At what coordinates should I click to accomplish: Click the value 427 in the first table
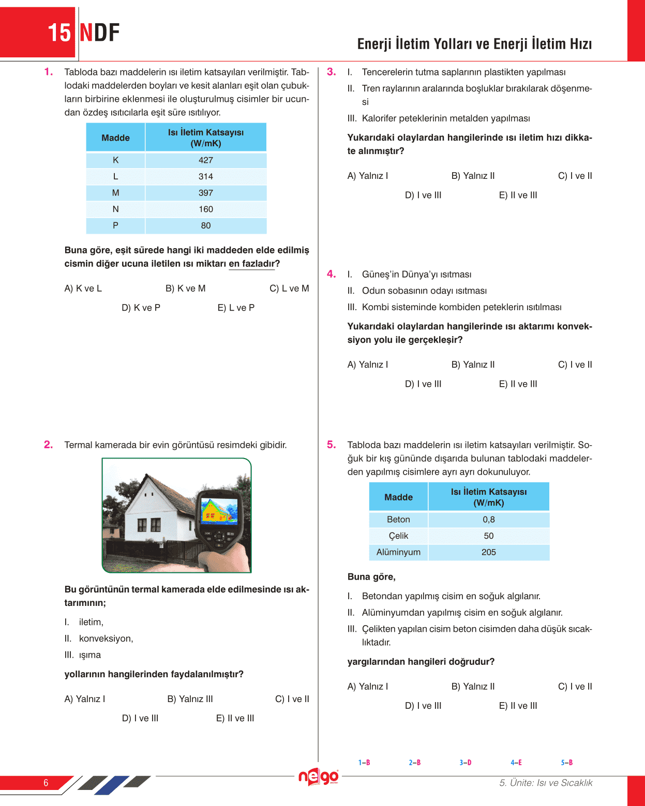pos(206,160)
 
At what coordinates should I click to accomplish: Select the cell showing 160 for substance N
pos(206,209)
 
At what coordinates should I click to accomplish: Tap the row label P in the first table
pos(115,225)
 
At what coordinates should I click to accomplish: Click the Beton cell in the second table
pos(398,520)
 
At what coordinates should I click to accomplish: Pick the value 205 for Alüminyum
pos(488,552)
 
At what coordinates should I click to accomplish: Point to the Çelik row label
pos(398,536)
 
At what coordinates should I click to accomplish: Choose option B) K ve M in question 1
pos(185,288)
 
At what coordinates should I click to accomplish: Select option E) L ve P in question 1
pos(236,308)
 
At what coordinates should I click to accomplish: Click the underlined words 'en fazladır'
pos(252,264)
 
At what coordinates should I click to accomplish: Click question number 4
pos(332,274)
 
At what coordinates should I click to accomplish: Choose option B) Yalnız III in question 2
pos(190,699)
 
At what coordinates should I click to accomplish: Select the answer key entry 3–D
pos(465,763)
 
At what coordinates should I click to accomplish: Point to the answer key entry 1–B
pos(364,763)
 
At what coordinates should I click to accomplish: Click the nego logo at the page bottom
pos(318,777)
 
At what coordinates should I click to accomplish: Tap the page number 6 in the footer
pos(46,783)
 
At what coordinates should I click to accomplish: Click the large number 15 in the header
pos(59,33)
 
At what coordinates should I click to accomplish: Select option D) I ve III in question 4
pos(423,384)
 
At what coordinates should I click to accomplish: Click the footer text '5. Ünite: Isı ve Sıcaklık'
pos(546,783)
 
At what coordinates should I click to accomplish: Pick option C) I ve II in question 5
pos(575,687)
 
